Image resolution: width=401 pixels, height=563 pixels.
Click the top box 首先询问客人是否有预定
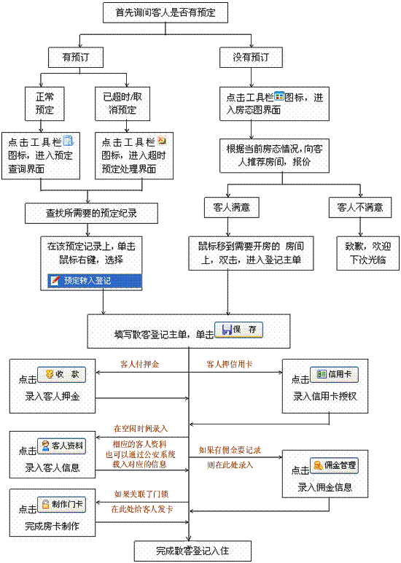pyautogui.click(x=166, y=12)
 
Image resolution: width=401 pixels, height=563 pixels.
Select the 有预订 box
pyautogui.click(x=76, y=57)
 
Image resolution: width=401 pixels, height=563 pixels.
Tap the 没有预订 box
pyautogui.click(x=251, y=57)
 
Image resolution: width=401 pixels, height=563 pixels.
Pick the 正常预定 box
pyautogui.click(x=44, y=104)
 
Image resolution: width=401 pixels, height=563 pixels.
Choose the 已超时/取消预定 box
pyautogui.click(x=122, y=104)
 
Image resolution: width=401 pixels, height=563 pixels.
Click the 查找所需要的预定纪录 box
pyautogui.click(x=91, y=213)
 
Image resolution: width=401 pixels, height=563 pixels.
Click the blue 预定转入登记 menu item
pyautogui.click(x=95, y=281)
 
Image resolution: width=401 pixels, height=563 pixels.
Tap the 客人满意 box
pyautogui.click(x=232, y=207)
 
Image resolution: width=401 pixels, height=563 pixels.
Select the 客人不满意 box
pyautogui.click(x=360, y=207)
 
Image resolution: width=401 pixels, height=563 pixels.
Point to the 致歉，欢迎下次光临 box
pyautogui.click(x=368, y=253)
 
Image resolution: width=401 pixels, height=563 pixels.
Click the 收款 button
pyautogui.click(x=62, y=375)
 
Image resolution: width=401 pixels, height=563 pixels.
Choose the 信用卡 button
pyautogui.click(x=334, y=375)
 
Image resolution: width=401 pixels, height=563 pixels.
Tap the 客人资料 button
pyautogui.click(x=62, y=446)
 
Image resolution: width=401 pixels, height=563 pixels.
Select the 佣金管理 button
pyautogui.click(x=334, y=465)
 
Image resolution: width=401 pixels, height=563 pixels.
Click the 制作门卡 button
pyautogui.click(x=62, y=505)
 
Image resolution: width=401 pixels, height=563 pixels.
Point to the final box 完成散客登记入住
pyautogui.click(x=192, y=551)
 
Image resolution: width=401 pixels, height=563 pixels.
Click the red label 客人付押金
pyautogui.click(x=140, y=364)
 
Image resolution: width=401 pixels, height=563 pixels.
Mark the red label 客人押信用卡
pyautogui.click(x=230, y=364)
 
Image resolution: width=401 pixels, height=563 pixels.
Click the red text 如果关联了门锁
pyautogui.click(x=141, y=494)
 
